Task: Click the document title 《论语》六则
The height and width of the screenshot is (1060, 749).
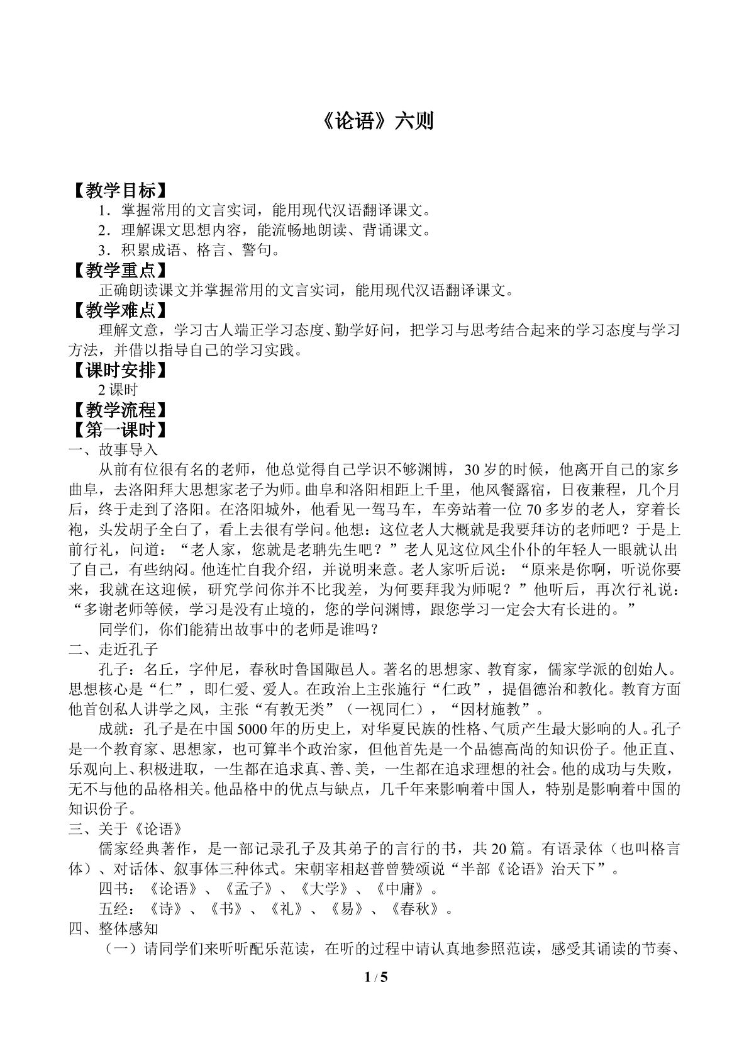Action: [x=374, y=121]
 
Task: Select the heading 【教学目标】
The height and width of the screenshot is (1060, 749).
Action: [x=119, y=190]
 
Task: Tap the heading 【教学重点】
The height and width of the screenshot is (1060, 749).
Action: [x=119, y=271]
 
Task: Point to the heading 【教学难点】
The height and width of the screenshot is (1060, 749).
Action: [x=119, y=310]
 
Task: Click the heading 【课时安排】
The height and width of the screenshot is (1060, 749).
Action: [x=119, y=370]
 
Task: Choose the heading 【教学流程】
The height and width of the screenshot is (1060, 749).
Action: [x=119, y=410]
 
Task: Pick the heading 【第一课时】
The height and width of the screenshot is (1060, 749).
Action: [x=119, y=431]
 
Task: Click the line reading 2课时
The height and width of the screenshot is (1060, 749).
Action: [x=118, y=390]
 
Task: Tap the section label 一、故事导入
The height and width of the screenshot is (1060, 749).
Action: [x=113, y=450]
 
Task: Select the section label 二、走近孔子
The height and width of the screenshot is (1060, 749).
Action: [x=113, y=649]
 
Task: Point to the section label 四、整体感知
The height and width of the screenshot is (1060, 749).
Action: [x=113, y=928]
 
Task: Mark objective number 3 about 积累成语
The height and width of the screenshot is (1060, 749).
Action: [x=189, y=251]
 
